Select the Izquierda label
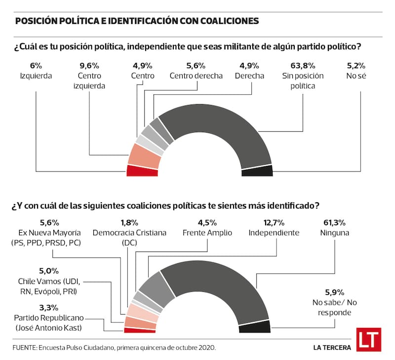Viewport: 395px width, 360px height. [36, 76]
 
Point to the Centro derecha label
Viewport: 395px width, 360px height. [196, 76]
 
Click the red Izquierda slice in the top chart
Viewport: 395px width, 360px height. [142, 171]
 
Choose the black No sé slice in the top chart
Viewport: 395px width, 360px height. [257, 171]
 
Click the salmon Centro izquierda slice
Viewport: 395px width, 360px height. [144, 155]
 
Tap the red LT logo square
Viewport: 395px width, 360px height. [368, 340]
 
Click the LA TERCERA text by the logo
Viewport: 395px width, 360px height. [332, 347]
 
